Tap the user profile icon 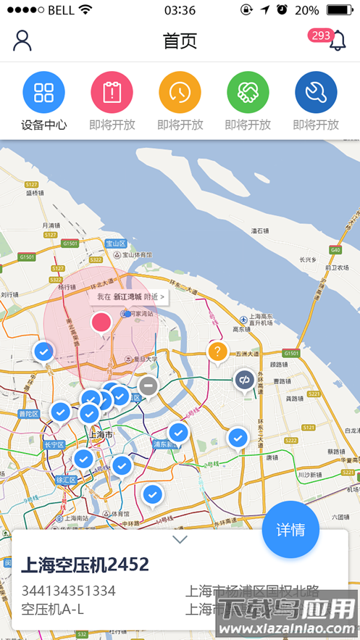[x=22, y=41]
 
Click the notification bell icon [x=338, y=41]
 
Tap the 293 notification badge [x=319, y=36]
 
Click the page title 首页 [x=180, y=41]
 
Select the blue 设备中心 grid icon [x=43, y=92]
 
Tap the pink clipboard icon [x=112, y=92]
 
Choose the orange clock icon [x=180, y=92]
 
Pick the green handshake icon [x=248, y=92]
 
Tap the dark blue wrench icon [x=316, y=92]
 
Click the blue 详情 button [x=290, y=529]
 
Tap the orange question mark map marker [x=217, y=352]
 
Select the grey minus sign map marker [x=148, y=386]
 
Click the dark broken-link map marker [x=244, y=379]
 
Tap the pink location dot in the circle [x=101, y=322]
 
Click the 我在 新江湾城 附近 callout [x=130, y=296]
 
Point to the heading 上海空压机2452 [x=85, y=564]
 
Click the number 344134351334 [x=68, y=591]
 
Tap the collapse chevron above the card [x=180, y=539]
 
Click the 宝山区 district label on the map [x=116, y=244]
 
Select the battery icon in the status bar [x=340, y=10]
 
